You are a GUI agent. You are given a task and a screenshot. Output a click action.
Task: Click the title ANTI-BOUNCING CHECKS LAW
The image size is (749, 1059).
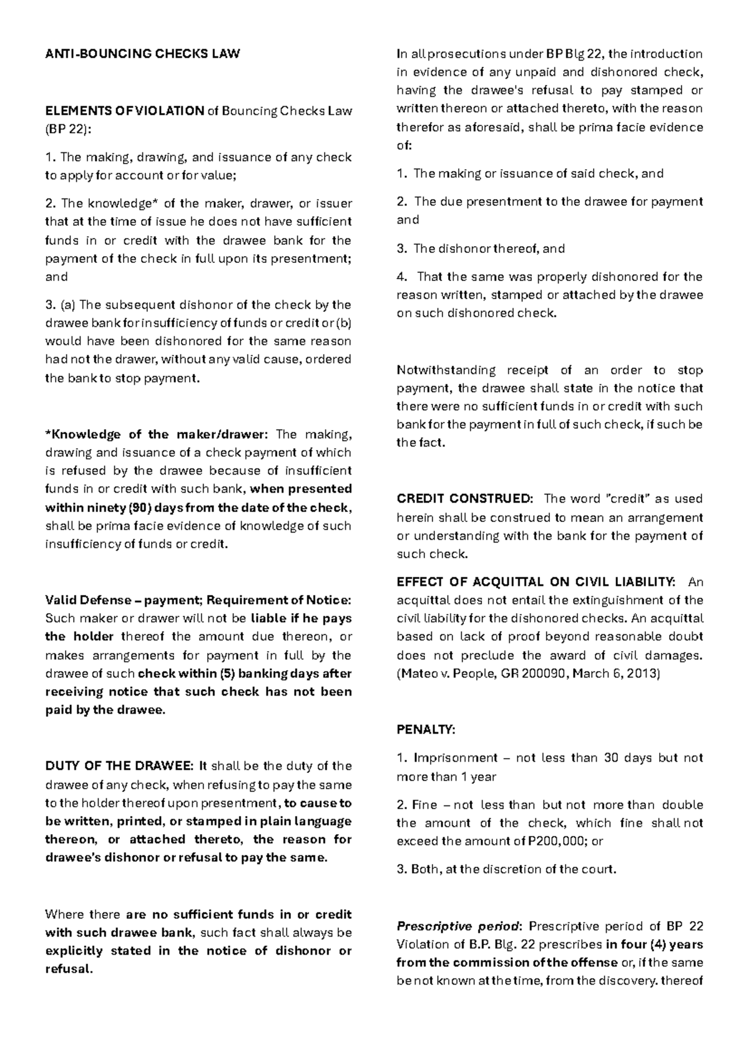pos(142,54)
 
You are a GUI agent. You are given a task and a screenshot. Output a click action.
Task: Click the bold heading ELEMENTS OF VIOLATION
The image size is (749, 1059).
pos(124,111)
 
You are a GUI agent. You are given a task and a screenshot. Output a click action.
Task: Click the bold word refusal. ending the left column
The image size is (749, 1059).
pos(69,970)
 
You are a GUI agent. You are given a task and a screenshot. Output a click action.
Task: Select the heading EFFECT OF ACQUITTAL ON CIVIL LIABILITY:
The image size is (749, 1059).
pos(536,582)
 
